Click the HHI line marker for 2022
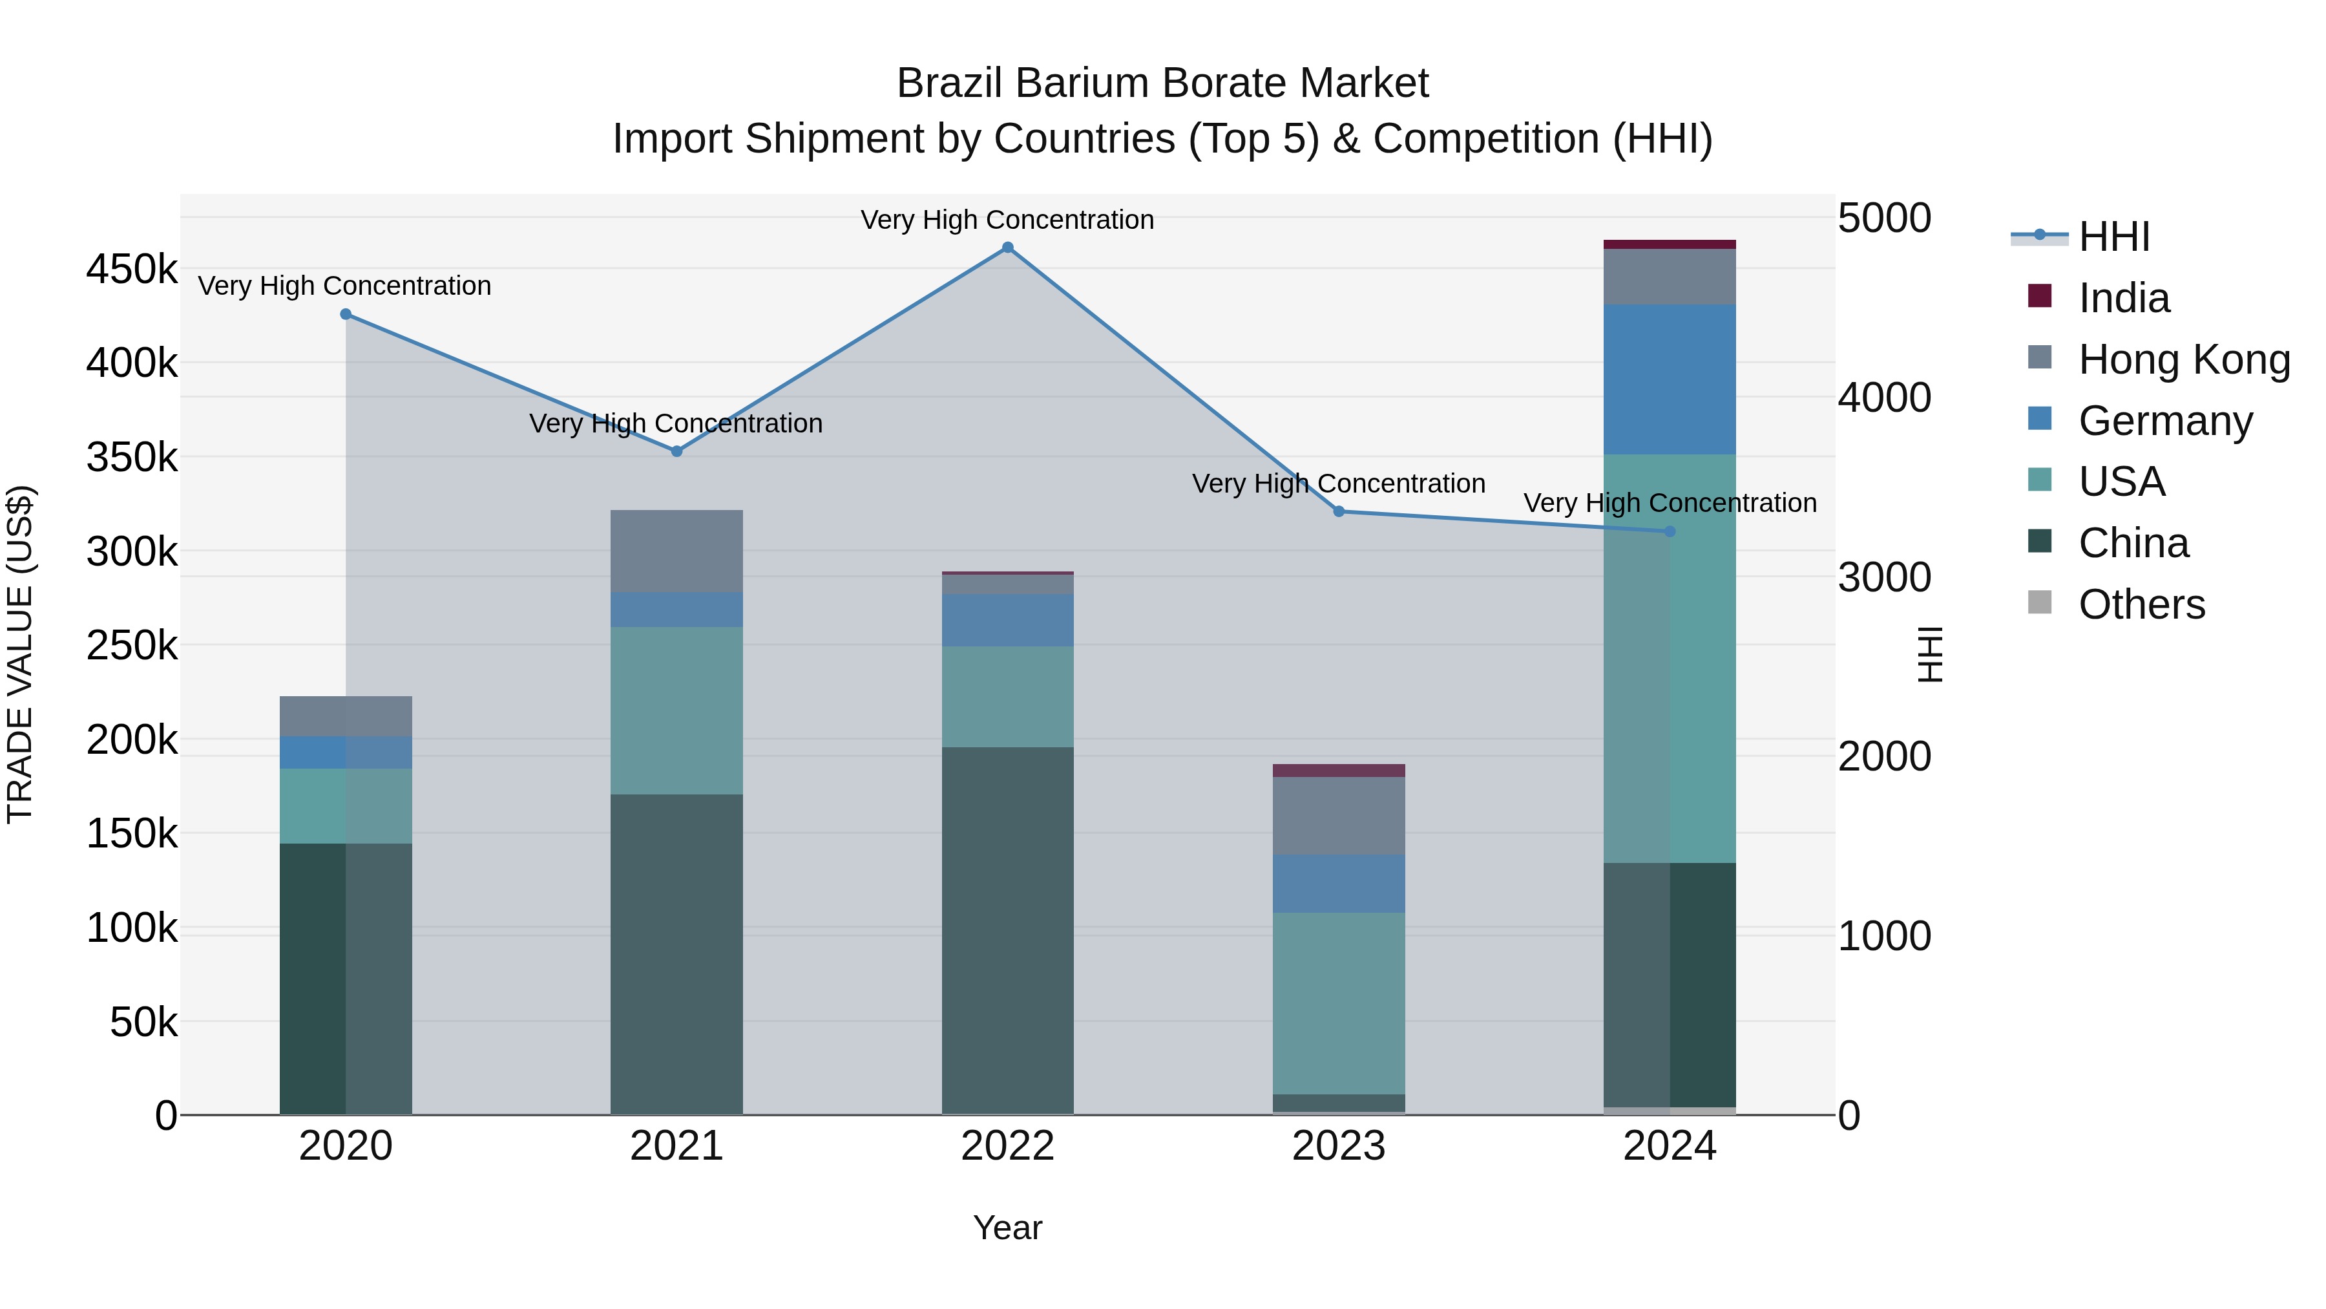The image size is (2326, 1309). tap(1008, 248)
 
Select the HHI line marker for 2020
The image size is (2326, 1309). tap(346, 314)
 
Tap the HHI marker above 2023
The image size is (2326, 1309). tap(1339, 511)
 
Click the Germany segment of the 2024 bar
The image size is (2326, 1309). tap(1670, 379)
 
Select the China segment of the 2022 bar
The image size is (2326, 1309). tap(1008, 930)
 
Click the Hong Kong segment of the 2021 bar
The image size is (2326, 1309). tap(676, 551)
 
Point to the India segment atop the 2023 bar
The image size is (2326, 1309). tap(1339, 771)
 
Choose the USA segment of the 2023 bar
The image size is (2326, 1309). tap(1339, 1003)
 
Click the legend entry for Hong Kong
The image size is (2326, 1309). tap(2183, 359)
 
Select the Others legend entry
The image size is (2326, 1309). tap(2141, 604)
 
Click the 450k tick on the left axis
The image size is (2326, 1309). tap(132, 269)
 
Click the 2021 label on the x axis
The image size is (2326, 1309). tap(676, 1146)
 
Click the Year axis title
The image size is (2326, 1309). tap(1008, 1228)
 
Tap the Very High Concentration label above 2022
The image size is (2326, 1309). tap(1008, 220)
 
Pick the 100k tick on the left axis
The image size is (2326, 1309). tap(132, 928)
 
